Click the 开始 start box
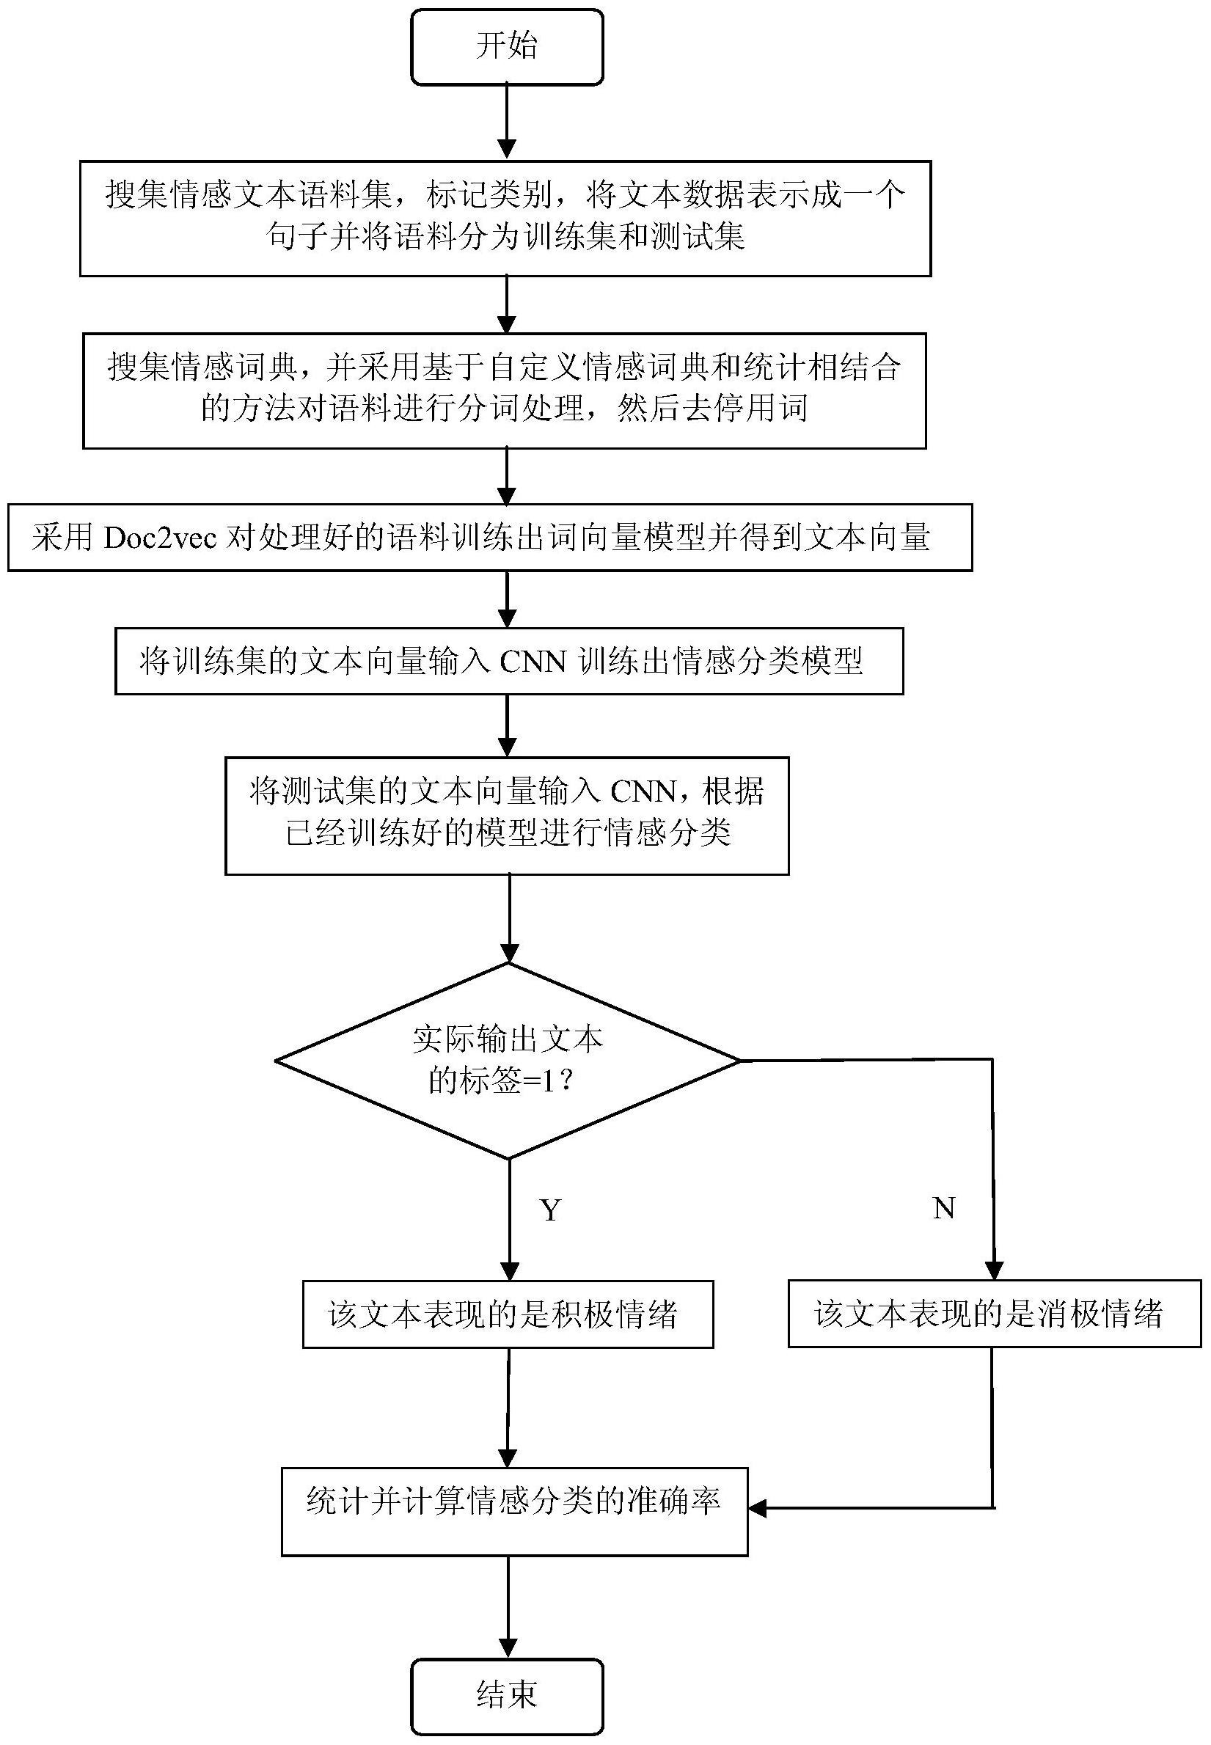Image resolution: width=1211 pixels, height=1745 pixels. click(507, 46)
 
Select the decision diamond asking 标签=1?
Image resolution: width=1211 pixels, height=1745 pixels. click(508, 1061)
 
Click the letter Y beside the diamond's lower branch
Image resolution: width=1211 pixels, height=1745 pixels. click(551, 1210)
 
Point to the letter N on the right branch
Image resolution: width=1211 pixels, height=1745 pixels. click(943, 1208)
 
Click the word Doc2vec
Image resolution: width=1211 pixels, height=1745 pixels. click(160, 538)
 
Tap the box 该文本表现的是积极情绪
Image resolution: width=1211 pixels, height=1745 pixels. click(508, 1314)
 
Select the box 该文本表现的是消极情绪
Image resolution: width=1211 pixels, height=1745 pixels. click(995, 1313)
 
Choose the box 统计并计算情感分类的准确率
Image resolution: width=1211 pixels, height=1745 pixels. click(514, 1511)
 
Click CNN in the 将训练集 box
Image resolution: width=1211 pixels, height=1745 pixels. click(533, 662)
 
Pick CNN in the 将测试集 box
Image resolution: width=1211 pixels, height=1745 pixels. click(643, 792)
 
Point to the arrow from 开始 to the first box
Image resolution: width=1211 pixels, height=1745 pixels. click(506, 122)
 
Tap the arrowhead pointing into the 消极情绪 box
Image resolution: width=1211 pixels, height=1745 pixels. click(994, 1271)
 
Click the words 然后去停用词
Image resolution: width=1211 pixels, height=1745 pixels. click(712, 408)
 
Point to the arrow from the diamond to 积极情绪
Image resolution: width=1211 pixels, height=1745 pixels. click(510, 1220)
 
